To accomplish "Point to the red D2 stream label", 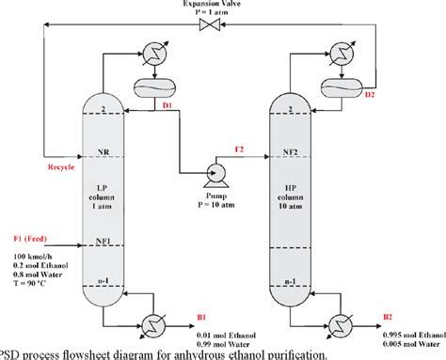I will (x=370, y=94).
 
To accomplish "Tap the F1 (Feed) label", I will (x=35, y=239).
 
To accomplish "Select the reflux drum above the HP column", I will (x=335, y=86).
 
